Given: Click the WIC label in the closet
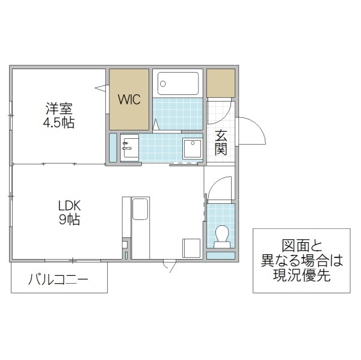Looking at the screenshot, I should [129, 100].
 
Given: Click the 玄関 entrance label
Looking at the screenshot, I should [221, 142].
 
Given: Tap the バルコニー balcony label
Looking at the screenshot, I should [58, 280].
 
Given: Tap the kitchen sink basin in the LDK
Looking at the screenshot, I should [140, 211].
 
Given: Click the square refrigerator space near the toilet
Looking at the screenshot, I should [192, 248].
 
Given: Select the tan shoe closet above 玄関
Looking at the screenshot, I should [221, 83].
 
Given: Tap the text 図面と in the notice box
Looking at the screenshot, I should [301, 245].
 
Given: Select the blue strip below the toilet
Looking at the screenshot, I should [221, 255].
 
